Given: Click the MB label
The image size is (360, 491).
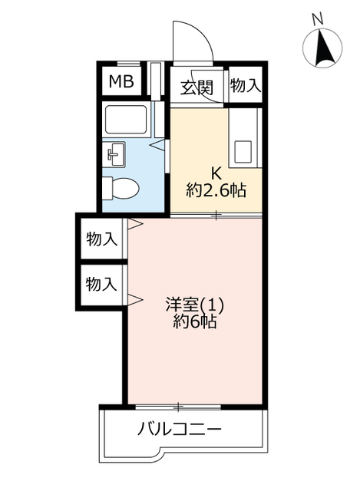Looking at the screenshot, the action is pos(121,81).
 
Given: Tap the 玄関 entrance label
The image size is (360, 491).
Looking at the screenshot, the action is pos(197,87).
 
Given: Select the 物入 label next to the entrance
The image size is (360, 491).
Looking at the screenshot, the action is pos(246,85).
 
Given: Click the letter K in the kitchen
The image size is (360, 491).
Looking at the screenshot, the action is pos(216,172).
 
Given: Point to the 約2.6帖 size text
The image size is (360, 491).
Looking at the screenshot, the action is pos(216,189).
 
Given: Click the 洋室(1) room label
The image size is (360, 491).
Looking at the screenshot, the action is pos(195,305).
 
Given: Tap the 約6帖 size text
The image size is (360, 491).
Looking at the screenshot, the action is pos(195,321).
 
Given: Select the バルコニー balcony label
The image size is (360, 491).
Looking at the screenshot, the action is pos(180,429).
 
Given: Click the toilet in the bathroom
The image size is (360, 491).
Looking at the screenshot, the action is pos(121,189).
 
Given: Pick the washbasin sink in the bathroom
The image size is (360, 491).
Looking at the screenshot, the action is pos(114,153).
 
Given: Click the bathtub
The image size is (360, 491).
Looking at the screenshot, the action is pos(126,120).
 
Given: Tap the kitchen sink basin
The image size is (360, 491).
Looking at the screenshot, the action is pos(243,153).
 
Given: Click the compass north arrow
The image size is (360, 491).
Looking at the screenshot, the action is pos(322,48).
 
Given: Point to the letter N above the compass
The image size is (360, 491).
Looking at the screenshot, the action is pos(318,20).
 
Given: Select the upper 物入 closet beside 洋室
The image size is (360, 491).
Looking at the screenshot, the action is pos(101,239).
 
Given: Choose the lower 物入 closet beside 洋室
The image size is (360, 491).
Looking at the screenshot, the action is pos(101,285).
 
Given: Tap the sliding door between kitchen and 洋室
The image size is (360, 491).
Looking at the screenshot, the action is pos(216,216).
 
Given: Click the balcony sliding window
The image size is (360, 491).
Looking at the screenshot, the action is pos(178,407).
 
